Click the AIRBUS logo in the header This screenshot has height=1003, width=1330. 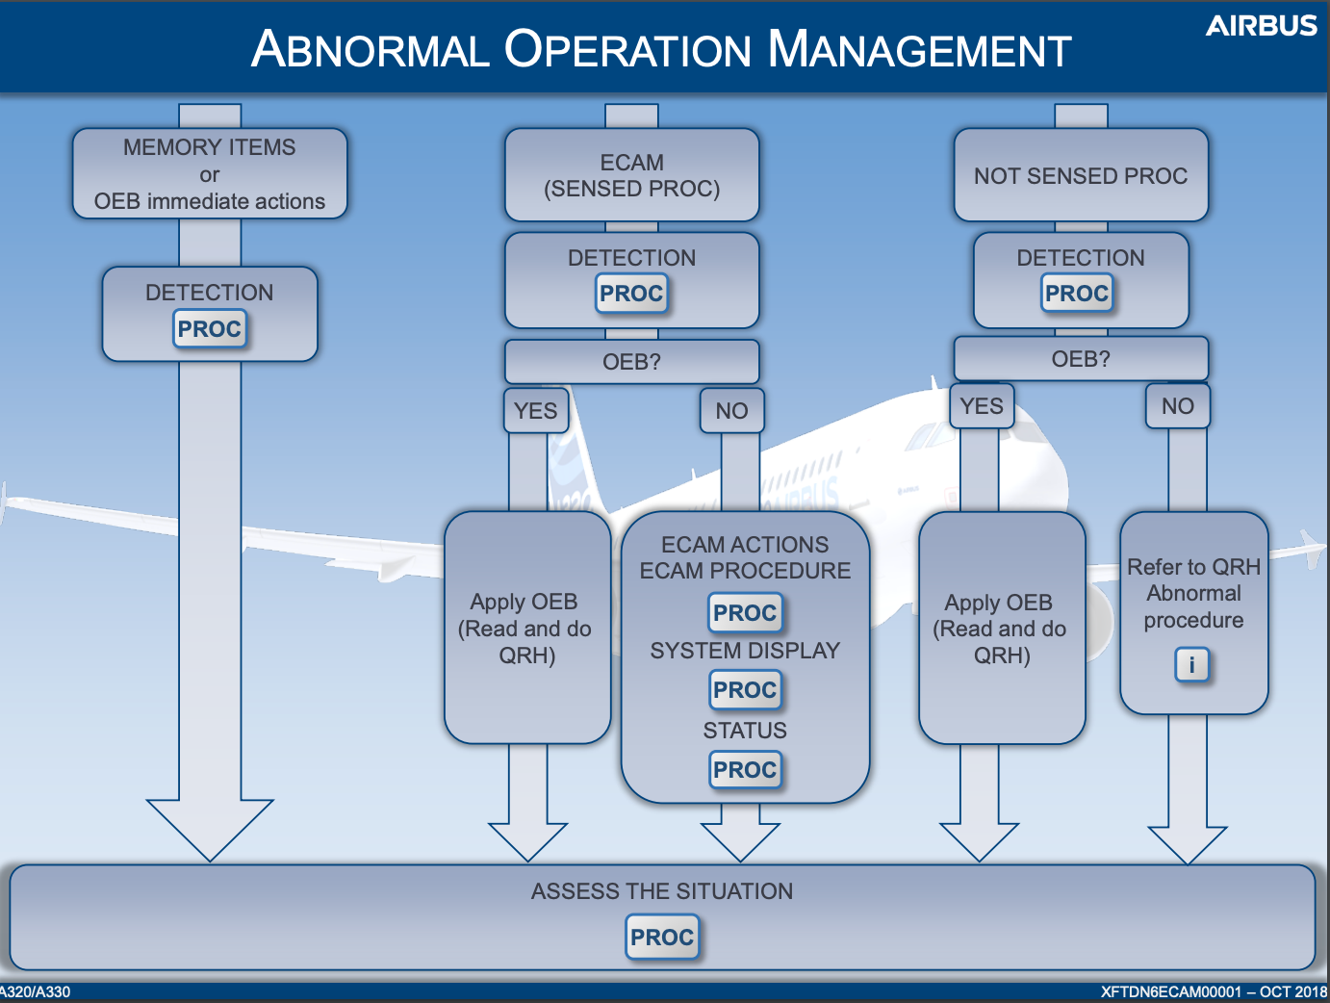tap(1261, 26)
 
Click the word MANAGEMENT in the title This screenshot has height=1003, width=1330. tap(920, 49)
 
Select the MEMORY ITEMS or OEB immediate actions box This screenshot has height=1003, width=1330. tap(210, 174)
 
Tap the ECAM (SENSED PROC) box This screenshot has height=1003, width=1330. tap(632, 175)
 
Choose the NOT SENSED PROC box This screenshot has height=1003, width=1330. tap(1081, 175)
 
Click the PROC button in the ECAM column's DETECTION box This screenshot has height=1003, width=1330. tap(631, 294)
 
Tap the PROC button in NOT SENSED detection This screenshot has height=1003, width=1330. tap(1077, 294)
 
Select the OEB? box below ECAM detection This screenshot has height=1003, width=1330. tap(632, 362)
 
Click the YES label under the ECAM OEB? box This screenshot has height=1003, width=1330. tap(536, 411)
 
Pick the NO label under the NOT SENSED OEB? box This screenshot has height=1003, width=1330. tap(1178, 406)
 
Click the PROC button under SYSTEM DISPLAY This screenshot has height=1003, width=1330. tap(745, 689)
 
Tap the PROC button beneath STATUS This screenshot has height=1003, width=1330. tap(745, 770)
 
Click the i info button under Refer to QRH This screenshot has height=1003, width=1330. tap(1191, 665)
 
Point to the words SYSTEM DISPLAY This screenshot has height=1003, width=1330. tap(745, 651)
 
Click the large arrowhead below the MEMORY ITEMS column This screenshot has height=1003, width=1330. tap(210, 831)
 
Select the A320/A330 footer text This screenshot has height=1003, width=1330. tap(36, 992)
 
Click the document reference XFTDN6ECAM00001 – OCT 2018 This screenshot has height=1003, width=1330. tap(1214, 992)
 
